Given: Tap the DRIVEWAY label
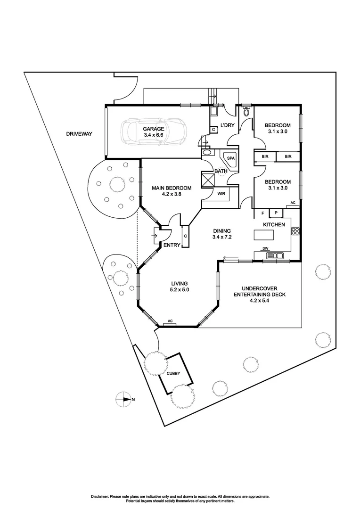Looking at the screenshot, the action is click(x=79, y=134).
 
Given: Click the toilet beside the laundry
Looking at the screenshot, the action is click(x=246, y=112).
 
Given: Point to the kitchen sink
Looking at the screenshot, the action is click(x=274, y=255).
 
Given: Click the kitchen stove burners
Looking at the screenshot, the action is click(x=296, y=231).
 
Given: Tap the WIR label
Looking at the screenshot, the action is click(x=221, y=193).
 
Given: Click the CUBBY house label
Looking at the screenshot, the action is click(x=173, y=373).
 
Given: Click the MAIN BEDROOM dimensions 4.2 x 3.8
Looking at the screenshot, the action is click(x=172, y=194).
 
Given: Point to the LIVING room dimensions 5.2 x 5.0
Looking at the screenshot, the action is click(x=180, y=290).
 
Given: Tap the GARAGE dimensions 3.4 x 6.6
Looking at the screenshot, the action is click(x=154, y=135).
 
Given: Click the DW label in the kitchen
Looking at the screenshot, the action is click(x=265, y=249).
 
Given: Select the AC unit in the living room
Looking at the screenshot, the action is click(x=170, y=322).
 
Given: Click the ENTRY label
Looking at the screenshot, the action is click(x=172, y=245).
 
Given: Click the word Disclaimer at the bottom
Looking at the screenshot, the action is click(x=99, y=496).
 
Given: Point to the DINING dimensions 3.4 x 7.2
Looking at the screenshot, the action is click(x=221, y=237).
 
